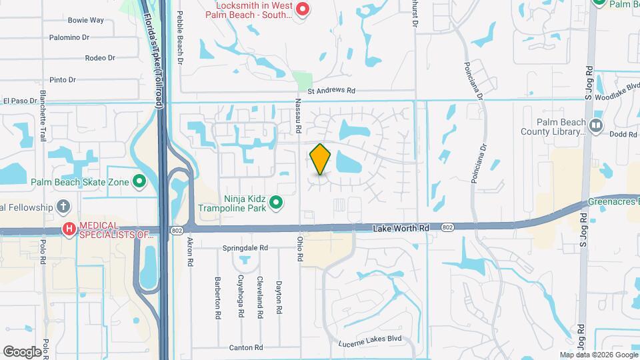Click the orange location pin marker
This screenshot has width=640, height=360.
[321, 159]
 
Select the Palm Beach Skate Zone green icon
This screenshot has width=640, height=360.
[139, 181]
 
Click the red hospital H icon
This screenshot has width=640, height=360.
[69, 229]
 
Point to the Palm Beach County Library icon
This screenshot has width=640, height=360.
[596, 125]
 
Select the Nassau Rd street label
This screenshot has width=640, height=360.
[299, 113]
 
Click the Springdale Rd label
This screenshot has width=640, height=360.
[245, 247]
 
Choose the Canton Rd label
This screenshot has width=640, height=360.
[246, 347]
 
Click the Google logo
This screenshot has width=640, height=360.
[22, 351]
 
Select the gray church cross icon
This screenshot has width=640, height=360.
[63, 207]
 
